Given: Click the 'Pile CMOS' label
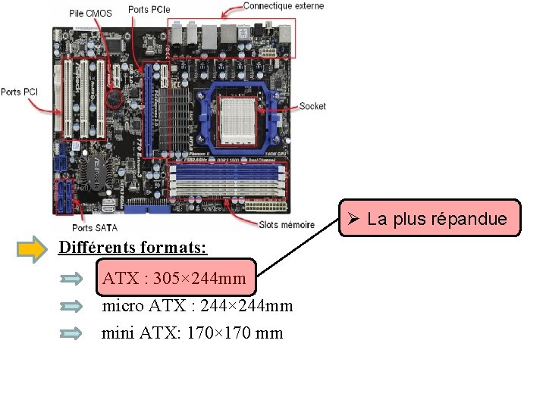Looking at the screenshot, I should click(90, 13).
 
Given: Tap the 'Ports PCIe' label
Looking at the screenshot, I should click(149, 9).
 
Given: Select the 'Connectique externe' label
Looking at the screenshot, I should click(283, 6).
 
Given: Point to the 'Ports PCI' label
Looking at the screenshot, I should click(20, 92).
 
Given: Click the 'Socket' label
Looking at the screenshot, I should click(312, 106).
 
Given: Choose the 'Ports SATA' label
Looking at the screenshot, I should click(95, 226).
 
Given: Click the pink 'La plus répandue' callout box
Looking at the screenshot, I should click(430, 219).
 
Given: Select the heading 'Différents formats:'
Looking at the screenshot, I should click(133, 248).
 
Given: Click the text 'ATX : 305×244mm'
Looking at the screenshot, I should click(174, 279).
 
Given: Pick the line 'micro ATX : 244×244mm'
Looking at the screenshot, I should click(197, 306).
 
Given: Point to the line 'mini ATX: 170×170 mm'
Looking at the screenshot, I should click(193, 333).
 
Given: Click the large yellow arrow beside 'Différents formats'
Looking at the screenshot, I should click(33, 249).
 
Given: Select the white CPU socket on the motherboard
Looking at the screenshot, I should click(240, 120).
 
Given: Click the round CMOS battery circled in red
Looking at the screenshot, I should click(115, 98).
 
